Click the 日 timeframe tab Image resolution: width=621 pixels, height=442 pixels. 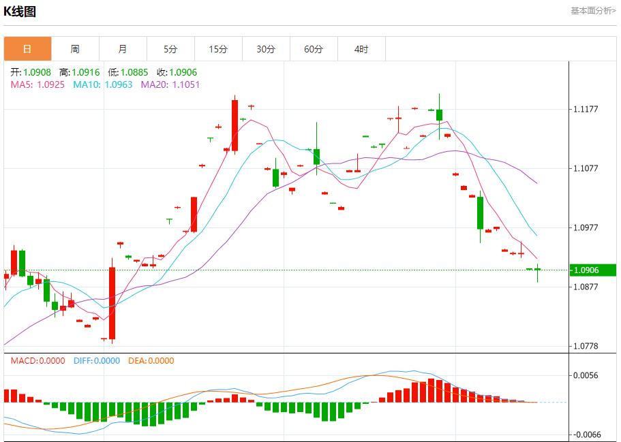pyautogui.click(x=27, y=49)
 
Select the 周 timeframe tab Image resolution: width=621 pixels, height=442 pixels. pyautogui.click(x=75, y=49)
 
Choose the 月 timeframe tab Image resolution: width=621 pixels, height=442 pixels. pyautogui.click(x=123, y=49)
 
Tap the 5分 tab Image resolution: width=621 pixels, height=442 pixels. pyautogui.click(x=170, y=49)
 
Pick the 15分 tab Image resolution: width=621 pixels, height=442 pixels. pyautogui.click(x=218, y=49)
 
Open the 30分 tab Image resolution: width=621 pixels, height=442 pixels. pyautogui.click(x=266, y=49)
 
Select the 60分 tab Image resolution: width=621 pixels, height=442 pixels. pyautogui.click(x=314, y=49)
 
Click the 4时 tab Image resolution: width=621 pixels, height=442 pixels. pyautogui.click(x=361, y=49)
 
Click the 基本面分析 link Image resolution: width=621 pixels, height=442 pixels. pyautogui.click(x=592, y=11)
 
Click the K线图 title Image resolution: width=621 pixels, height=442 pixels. pyautogui.click(x=20, y=12)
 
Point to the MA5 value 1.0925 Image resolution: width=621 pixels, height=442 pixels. pyautogui.click(x=51, y=84)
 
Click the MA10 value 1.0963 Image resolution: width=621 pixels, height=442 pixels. pyautogui.click(x=119, y=84)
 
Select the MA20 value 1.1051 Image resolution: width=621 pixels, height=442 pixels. pyautogui.click(x=185, y=84)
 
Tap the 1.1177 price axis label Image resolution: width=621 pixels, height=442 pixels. pyautogui.click(x=586, y=109)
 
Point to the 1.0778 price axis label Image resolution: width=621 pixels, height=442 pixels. pyautogui.click(x=586, y=347)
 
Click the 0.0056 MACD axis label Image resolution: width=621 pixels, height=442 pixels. pyautogui.click(x=586, y=375)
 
